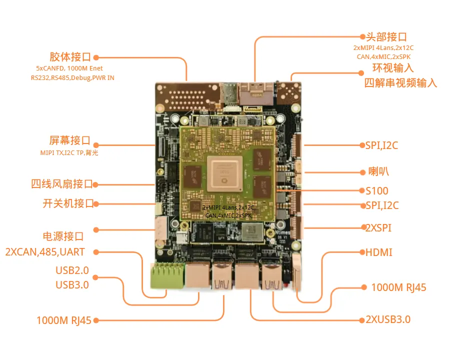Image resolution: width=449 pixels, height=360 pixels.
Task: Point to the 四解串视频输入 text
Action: tap(400, 82)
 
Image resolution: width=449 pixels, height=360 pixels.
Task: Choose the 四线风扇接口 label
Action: tap(61, 184)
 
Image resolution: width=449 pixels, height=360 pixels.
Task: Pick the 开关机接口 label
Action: tap(68, 203)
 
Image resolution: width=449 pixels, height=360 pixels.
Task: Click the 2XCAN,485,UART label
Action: tap(45, 252)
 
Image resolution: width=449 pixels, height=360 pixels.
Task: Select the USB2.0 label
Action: tap(72, 270)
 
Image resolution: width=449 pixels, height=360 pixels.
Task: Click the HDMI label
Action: tap(379, 252)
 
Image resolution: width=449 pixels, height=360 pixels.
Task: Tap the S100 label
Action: tap(376, 190)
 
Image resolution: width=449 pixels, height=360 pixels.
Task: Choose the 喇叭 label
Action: tap(375, 172)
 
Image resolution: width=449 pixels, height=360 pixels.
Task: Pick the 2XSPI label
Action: tap(378, 228)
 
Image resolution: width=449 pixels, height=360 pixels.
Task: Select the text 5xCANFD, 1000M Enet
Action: tap(69, 68)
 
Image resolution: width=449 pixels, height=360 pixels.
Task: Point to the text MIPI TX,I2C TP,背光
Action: tap(69, 152)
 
